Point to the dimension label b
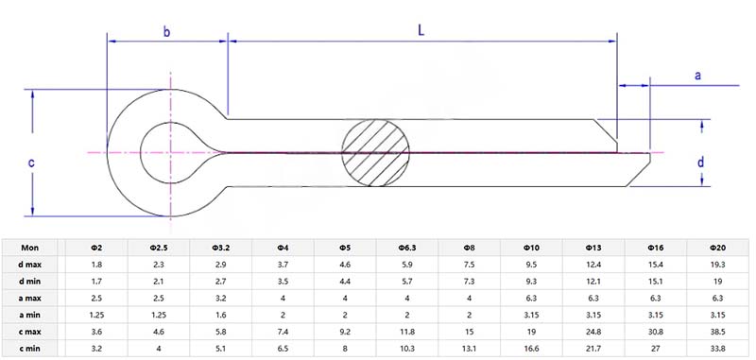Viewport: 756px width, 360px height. [x=166, y=31]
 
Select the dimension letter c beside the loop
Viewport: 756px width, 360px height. [x=31, y=163]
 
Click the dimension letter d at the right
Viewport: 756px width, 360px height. [x=700, y=162]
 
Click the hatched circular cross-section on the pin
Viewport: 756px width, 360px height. [x=376, y=152]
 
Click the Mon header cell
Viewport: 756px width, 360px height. [x=31, y=248]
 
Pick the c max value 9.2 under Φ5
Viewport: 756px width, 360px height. [x=345, y=330]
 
